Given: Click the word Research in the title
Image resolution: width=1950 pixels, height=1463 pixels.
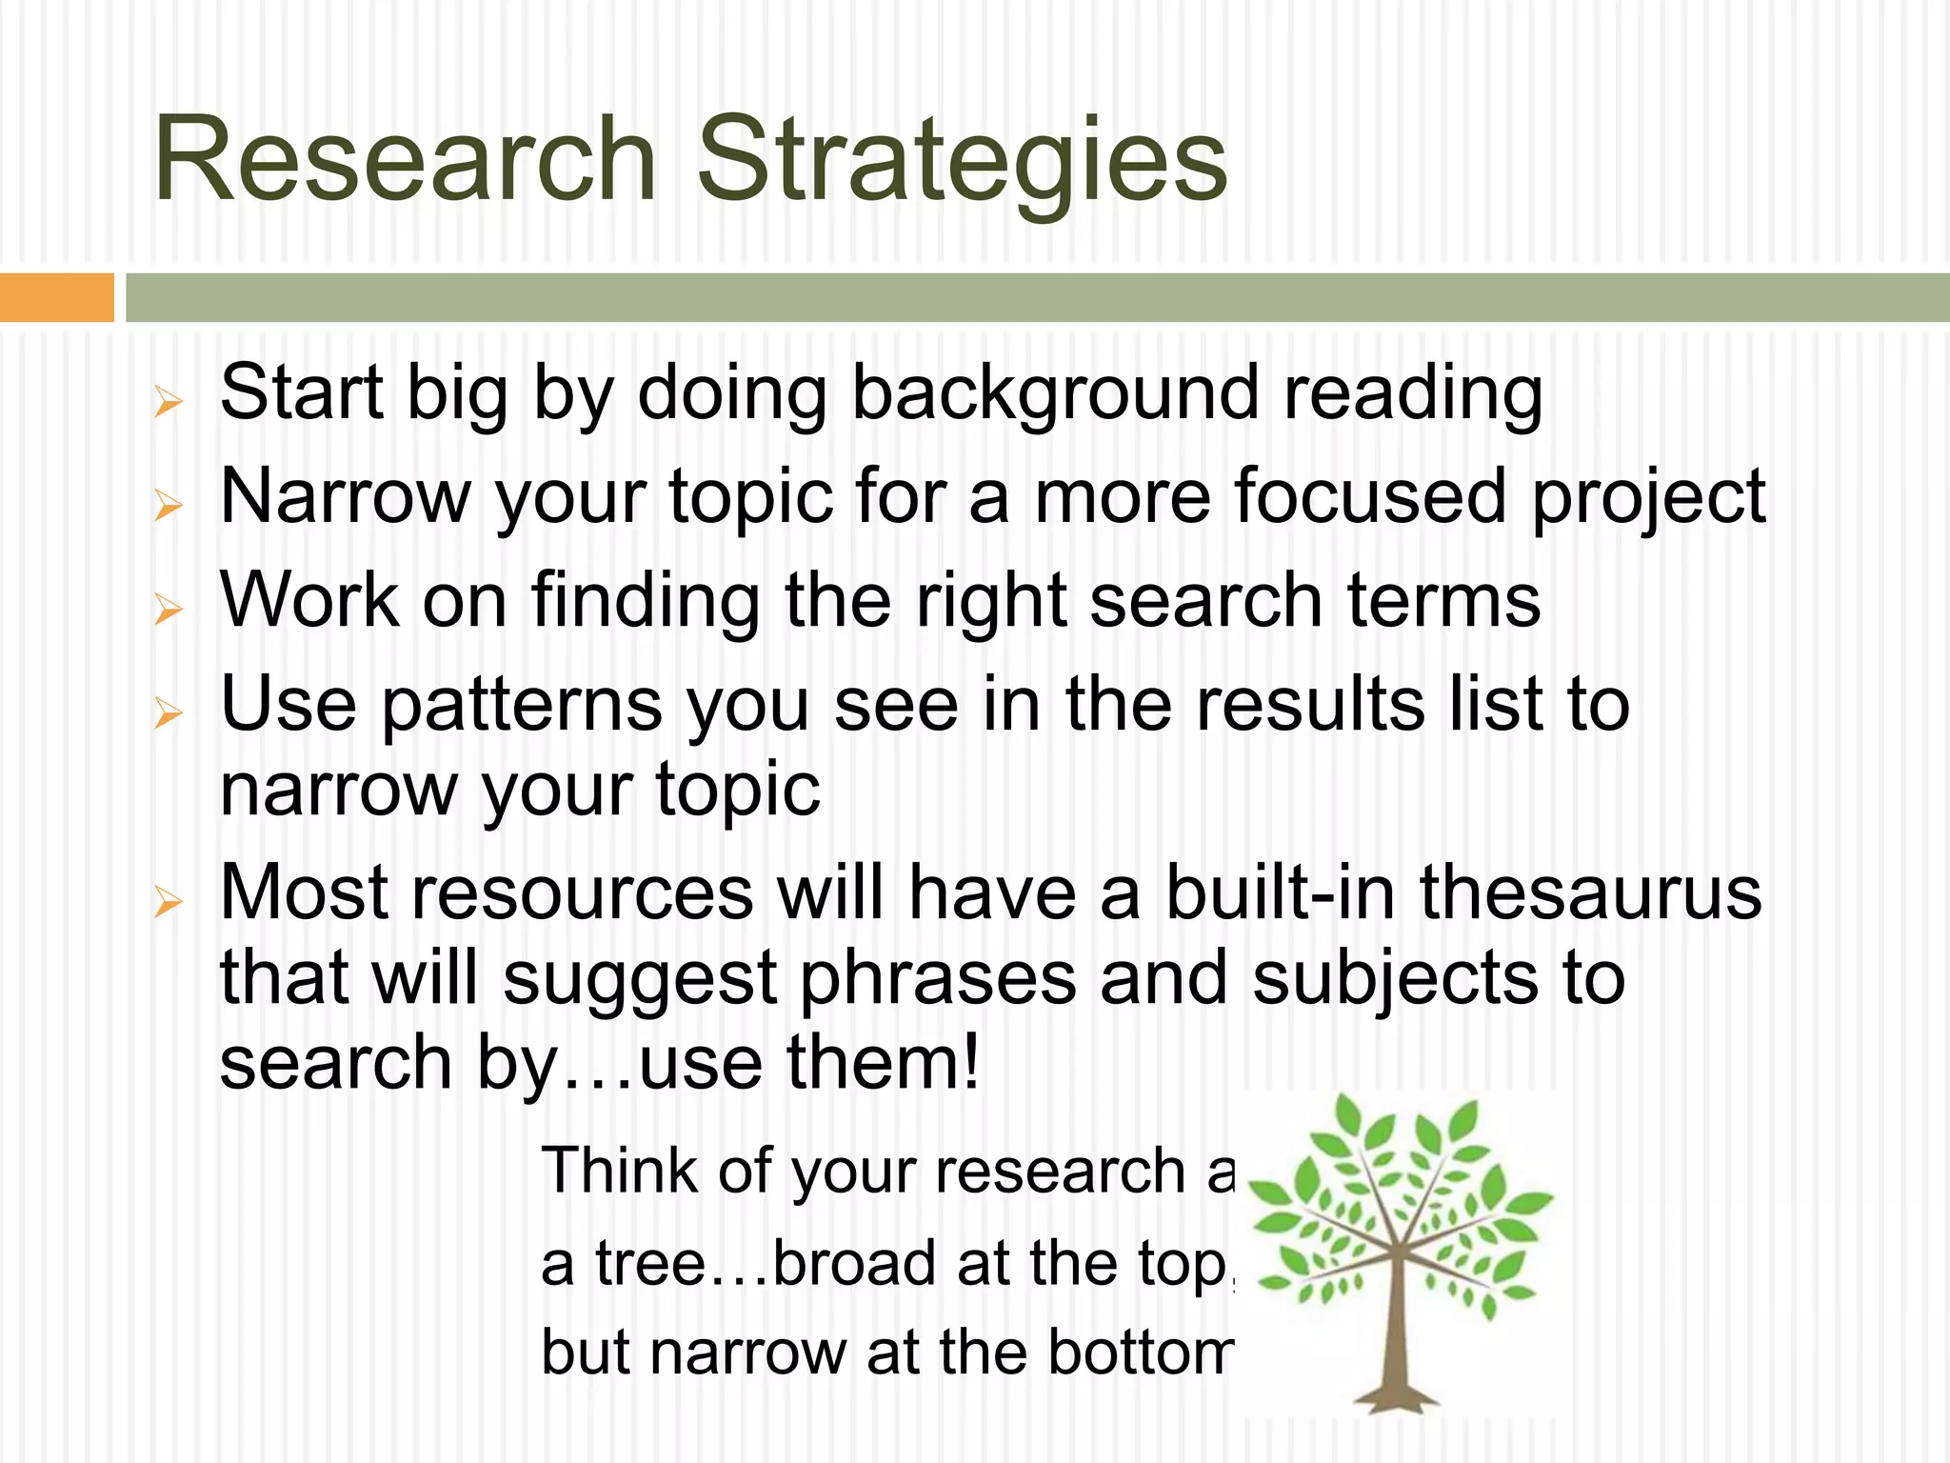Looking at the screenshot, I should pos(405,159).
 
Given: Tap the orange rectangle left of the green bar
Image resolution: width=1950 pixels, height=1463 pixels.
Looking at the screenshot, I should pos(56,297).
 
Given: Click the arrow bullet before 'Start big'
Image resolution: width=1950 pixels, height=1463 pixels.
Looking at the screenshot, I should pos(168,402).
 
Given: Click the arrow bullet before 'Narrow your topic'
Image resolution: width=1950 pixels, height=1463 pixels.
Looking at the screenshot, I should pos(168,506).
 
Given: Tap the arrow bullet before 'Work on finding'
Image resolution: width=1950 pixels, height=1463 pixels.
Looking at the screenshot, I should pos(168,609).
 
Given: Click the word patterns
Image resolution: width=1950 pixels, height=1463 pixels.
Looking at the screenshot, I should pos(521,707).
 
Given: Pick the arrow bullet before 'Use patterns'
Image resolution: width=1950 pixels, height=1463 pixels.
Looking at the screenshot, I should pos(168,712).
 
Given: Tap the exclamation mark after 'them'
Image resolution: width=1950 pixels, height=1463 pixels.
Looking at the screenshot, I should pos(970,1062).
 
